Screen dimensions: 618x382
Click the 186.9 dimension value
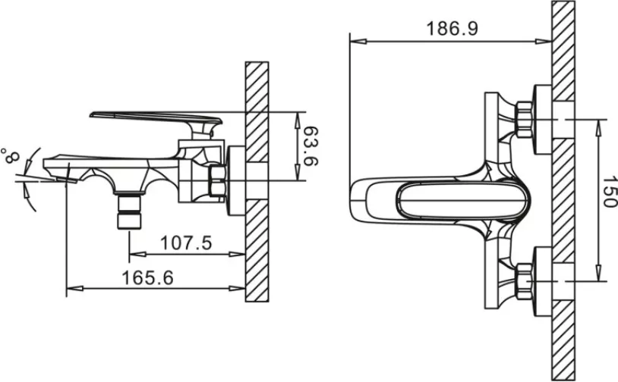point(452,29)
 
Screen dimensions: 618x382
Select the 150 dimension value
point(609,191)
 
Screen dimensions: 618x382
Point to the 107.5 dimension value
point(186,243)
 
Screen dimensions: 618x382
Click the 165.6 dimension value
point(147,277)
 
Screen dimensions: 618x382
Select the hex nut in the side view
point(217,180)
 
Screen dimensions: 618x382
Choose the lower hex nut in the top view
point(524,281)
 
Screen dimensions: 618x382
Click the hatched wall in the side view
point(257,182)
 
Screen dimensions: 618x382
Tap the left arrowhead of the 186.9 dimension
point(358,41)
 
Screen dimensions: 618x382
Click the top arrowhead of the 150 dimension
point(598,127)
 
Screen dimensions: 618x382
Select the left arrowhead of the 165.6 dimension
point(75,288)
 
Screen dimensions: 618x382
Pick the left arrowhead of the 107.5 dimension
point(137,254)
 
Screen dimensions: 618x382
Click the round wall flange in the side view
point(236,180)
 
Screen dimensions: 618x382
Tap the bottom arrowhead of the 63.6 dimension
point(298,172)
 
